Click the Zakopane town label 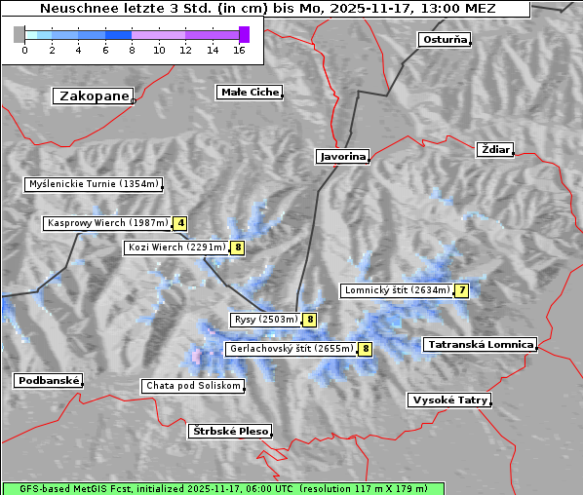pos(94,95)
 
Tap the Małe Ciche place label pos(249,93)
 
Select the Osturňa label pos(445,40)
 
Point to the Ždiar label pos(495,149)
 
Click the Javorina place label pos(342,156)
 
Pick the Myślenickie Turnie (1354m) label pos(94,184)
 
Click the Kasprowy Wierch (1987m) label pos(107,223)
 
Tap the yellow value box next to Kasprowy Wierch pos(180,223)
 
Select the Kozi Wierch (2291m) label pos(176,247)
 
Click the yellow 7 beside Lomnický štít pos(462,290)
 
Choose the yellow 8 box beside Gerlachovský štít pos(366,349)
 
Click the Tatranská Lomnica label pos(480,344)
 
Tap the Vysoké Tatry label pos(449,400)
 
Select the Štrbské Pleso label pos(230,431)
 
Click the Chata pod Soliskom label pos(192,386)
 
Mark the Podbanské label pos(48,381)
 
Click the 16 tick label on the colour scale pos(239,50)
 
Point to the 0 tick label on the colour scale pos(24,50)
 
